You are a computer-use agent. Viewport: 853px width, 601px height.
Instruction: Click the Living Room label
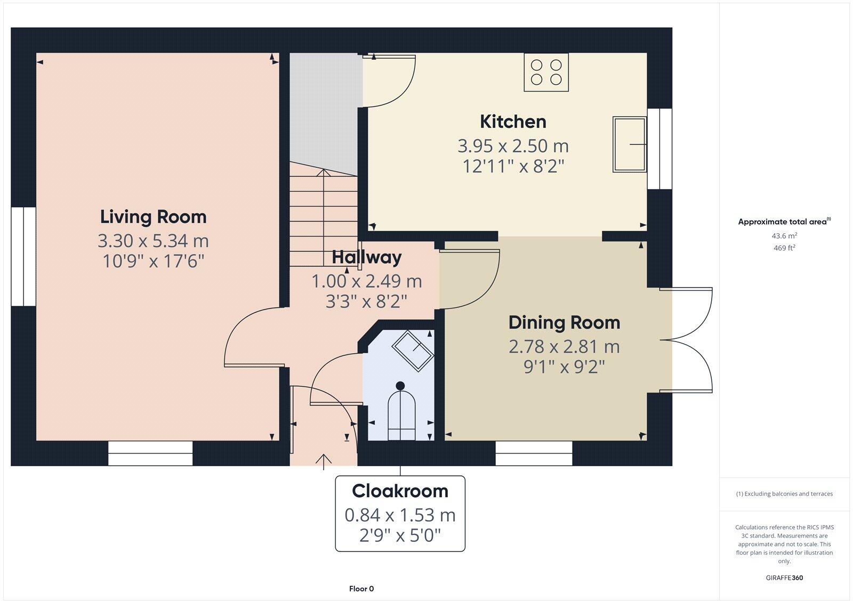(153, 217)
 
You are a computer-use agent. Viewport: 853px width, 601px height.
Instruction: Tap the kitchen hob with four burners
(546, 72)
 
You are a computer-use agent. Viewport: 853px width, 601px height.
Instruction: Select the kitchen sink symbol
(629, 144)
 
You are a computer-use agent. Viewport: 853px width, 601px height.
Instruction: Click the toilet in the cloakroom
(401, 411)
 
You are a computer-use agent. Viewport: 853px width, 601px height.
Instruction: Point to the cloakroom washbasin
(413, 350)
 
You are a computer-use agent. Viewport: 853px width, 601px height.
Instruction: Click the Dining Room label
(564, 322)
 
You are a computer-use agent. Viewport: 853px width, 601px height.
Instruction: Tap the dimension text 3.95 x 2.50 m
(513, 145)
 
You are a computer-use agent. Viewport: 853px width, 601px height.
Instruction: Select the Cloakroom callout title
(400, 491)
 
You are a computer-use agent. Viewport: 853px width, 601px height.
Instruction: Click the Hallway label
(367, 257)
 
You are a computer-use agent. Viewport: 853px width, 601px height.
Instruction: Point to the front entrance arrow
(324, 461)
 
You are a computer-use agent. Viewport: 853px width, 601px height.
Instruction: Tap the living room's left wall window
(23, 256)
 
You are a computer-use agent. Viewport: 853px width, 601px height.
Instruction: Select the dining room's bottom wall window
(534, 453)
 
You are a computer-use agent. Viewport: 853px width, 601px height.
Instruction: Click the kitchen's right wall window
(659, 149)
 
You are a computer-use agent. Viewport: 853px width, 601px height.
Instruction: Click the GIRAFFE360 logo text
(784, 578)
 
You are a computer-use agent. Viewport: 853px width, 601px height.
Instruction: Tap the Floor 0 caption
(361, 589)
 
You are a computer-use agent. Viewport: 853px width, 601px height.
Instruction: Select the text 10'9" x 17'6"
(154, 261)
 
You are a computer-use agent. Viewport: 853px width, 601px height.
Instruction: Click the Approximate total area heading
(784, 222)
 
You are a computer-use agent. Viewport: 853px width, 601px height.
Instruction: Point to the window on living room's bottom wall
(150, 453)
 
